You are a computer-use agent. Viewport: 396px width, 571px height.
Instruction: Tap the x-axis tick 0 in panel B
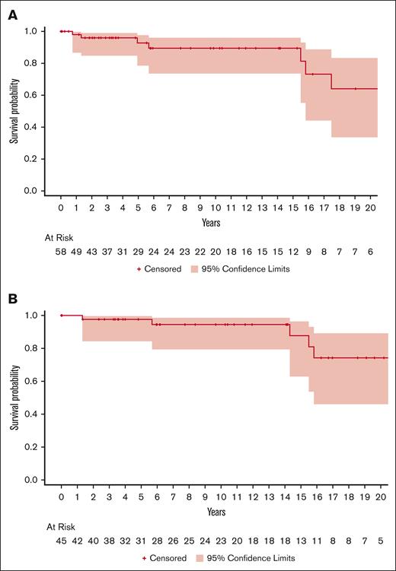click(x=61, y=496)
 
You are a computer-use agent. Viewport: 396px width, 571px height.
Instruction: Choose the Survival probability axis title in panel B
click(x=14, y=398)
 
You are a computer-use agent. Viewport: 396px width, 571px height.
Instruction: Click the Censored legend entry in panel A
click(x=164, y=269)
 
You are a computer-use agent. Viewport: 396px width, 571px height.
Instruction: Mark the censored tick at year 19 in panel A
click(x=356, y=89)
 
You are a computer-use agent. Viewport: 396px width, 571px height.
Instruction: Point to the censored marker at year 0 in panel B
click(x=61, y=315)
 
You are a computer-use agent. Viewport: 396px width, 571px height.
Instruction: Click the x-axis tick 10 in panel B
click(x=216, y=496)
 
